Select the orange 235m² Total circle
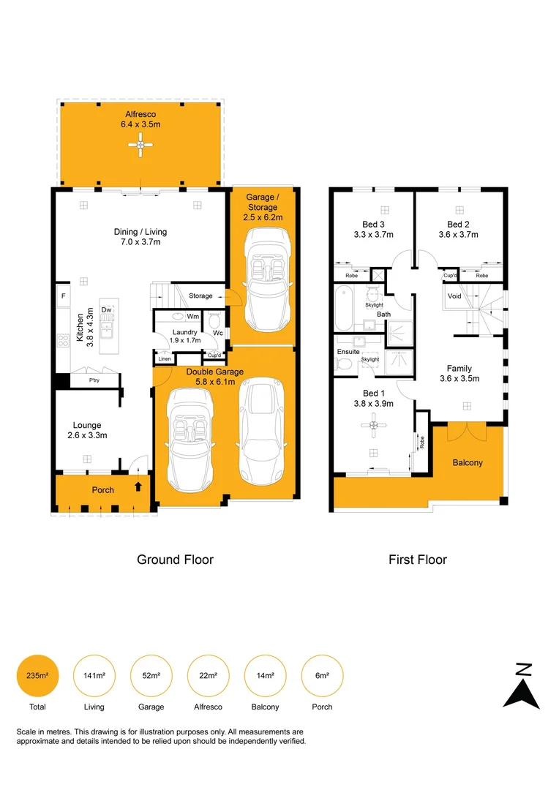click(37, 675)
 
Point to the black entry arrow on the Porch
click(139, 486)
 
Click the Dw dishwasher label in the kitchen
click(106, 310)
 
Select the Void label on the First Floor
click(454, 296)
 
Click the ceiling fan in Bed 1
click(374, 424)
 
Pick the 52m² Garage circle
click(151, 675)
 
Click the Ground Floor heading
click(176, 560)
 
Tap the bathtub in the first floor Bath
click(345, 309)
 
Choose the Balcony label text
click(467, 463)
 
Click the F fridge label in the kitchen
click(64, 296)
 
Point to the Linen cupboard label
click(164, 359)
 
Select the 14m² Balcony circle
click(265, 675)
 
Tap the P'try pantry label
click(94, 380)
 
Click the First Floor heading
click(417, 560)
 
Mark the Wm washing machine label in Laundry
click(193, 317)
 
